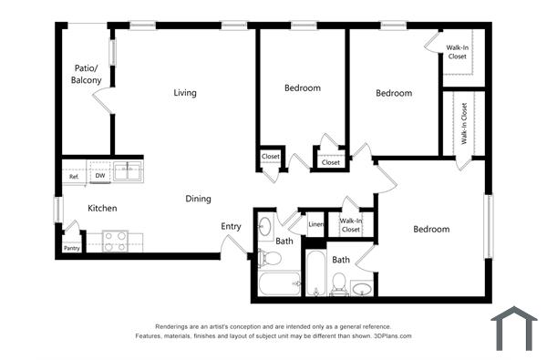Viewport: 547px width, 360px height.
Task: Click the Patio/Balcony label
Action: click(x=87, y=75)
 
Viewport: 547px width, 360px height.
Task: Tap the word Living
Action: click(x=185, y=92)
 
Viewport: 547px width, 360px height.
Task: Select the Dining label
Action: click(x=198, y=199)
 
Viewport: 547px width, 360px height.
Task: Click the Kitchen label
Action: click(x=102, y=209)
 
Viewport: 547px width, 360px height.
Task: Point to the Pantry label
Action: click(x=71, y=248)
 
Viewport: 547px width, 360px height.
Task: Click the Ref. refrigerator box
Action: click(x=74, y=176)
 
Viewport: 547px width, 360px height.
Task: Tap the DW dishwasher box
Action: click(x=100, y=176)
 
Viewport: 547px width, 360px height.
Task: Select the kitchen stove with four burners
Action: click(x=115, y=241)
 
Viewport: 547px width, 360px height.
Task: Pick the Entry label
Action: click(x=231, y=227)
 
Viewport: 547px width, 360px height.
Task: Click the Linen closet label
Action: click(x=315, y=223)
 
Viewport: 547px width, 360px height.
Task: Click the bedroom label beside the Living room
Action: click(x=302, y=88)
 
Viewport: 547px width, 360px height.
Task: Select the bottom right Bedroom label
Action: click(x=431, y=230)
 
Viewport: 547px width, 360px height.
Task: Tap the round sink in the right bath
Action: click(x=361, y=290)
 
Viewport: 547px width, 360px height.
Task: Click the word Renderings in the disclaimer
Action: click(x=175, y=326)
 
